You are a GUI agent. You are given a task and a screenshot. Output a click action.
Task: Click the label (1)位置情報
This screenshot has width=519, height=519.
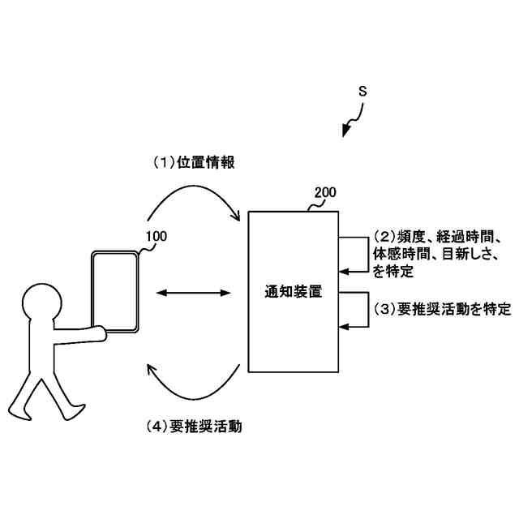click(x=195, y=162)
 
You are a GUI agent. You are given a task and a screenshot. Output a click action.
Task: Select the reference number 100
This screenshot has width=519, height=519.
click(x=157, y=237)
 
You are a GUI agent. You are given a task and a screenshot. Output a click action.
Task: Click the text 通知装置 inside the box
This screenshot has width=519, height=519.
click(x=294, y=292)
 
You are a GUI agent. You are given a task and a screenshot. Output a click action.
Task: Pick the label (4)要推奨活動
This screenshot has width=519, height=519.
click(x=195, y=425)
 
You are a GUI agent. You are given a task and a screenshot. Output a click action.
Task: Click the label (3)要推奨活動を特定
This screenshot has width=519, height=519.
click(x=442, y=309)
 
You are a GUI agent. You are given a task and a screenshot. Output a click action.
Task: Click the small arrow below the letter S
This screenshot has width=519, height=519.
click(x=350, y=126)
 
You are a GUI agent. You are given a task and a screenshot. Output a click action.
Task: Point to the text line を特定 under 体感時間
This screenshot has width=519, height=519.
click(x=393, y=272)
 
